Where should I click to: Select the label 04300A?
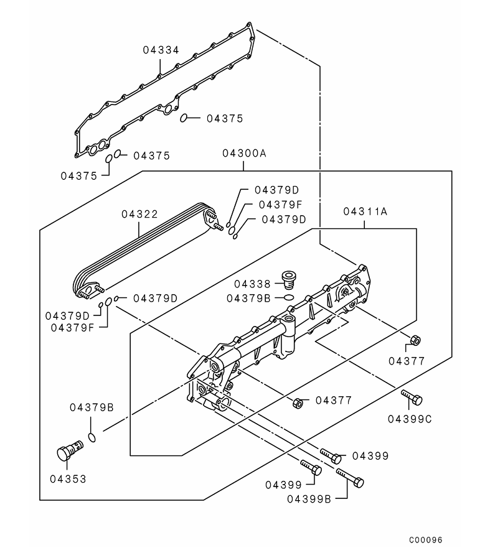click(243, 152)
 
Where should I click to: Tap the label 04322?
click(139, 214)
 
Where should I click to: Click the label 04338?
click(253, 284)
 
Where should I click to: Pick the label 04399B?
click(309, 498)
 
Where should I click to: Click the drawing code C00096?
click(426, 540)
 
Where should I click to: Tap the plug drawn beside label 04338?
click(288, 279)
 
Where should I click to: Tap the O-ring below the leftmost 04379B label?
click(92, 437)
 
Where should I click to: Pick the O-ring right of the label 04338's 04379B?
click(288, 298)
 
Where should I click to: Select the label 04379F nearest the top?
click(280, 204)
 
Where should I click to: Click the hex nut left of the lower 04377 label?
click(298, 403)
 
